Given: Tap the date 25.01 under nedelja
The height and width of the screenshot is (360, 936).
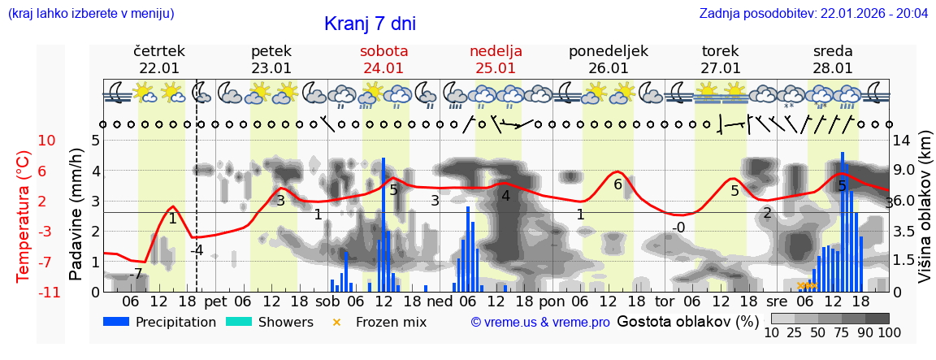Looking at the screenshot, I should tap(496, 68).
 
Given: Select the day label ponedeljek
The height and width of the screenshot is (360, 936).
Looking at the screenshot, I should tap(608, 51).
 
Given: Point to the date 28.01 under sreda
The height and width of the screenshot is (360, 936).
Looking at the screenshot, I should tap(833, 68).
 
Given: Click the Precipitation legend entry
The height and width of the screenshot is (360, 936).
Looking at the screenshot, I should tap(160, 322).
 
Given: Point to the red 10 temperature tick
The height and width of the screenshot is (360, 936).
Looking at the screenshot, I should tap(46, 141).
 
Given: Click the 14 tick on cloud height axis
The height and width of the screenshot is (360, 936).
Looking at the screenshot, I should tap(902, 141).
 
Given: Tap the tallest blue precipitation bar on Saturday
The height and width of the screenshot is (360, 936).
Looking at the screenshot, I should tap(383, 224).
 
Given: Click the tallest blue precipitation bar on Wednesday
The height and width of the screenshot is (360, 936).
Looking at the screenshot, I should tap(843, 221).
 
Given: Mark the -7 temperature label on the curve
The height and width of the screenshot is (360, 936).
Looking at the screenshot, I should tap(137, 274).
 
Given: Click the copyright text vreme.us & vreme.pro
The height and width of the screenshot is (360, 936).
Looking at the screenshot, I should tap(540, 322).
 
